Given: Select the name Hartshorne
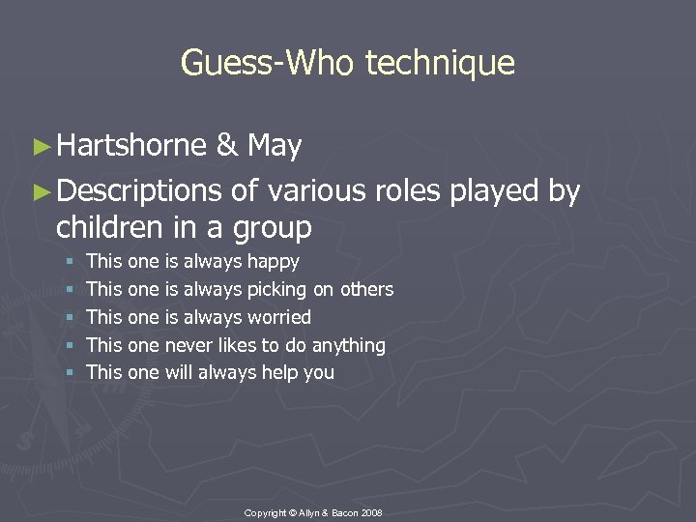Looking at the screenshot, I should pyautogui.click(x=131, y=146).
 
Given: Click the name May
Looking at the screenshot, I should pyautogui.click(x=275, y=146).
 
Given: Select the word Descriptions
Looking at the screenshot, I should pyautogui.click(x=139, y=192).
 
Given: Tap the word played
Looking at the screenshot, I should pyautogui.click(x=496, y=192).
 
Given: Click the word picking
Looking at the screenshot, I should pyautogui.click(x=280, y=289).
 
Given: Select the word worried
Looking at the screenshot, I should pyautogui.click(x=279, y=317).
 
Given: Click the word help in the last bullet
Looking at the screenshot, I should pyautogui.click(x=281, y=372).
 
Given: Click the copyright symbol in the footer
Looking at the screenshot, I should pyautogui.click(x=291, y=511).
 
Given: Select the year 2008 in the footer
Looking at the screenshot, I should pyautogui.click(x=371, y=511).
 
